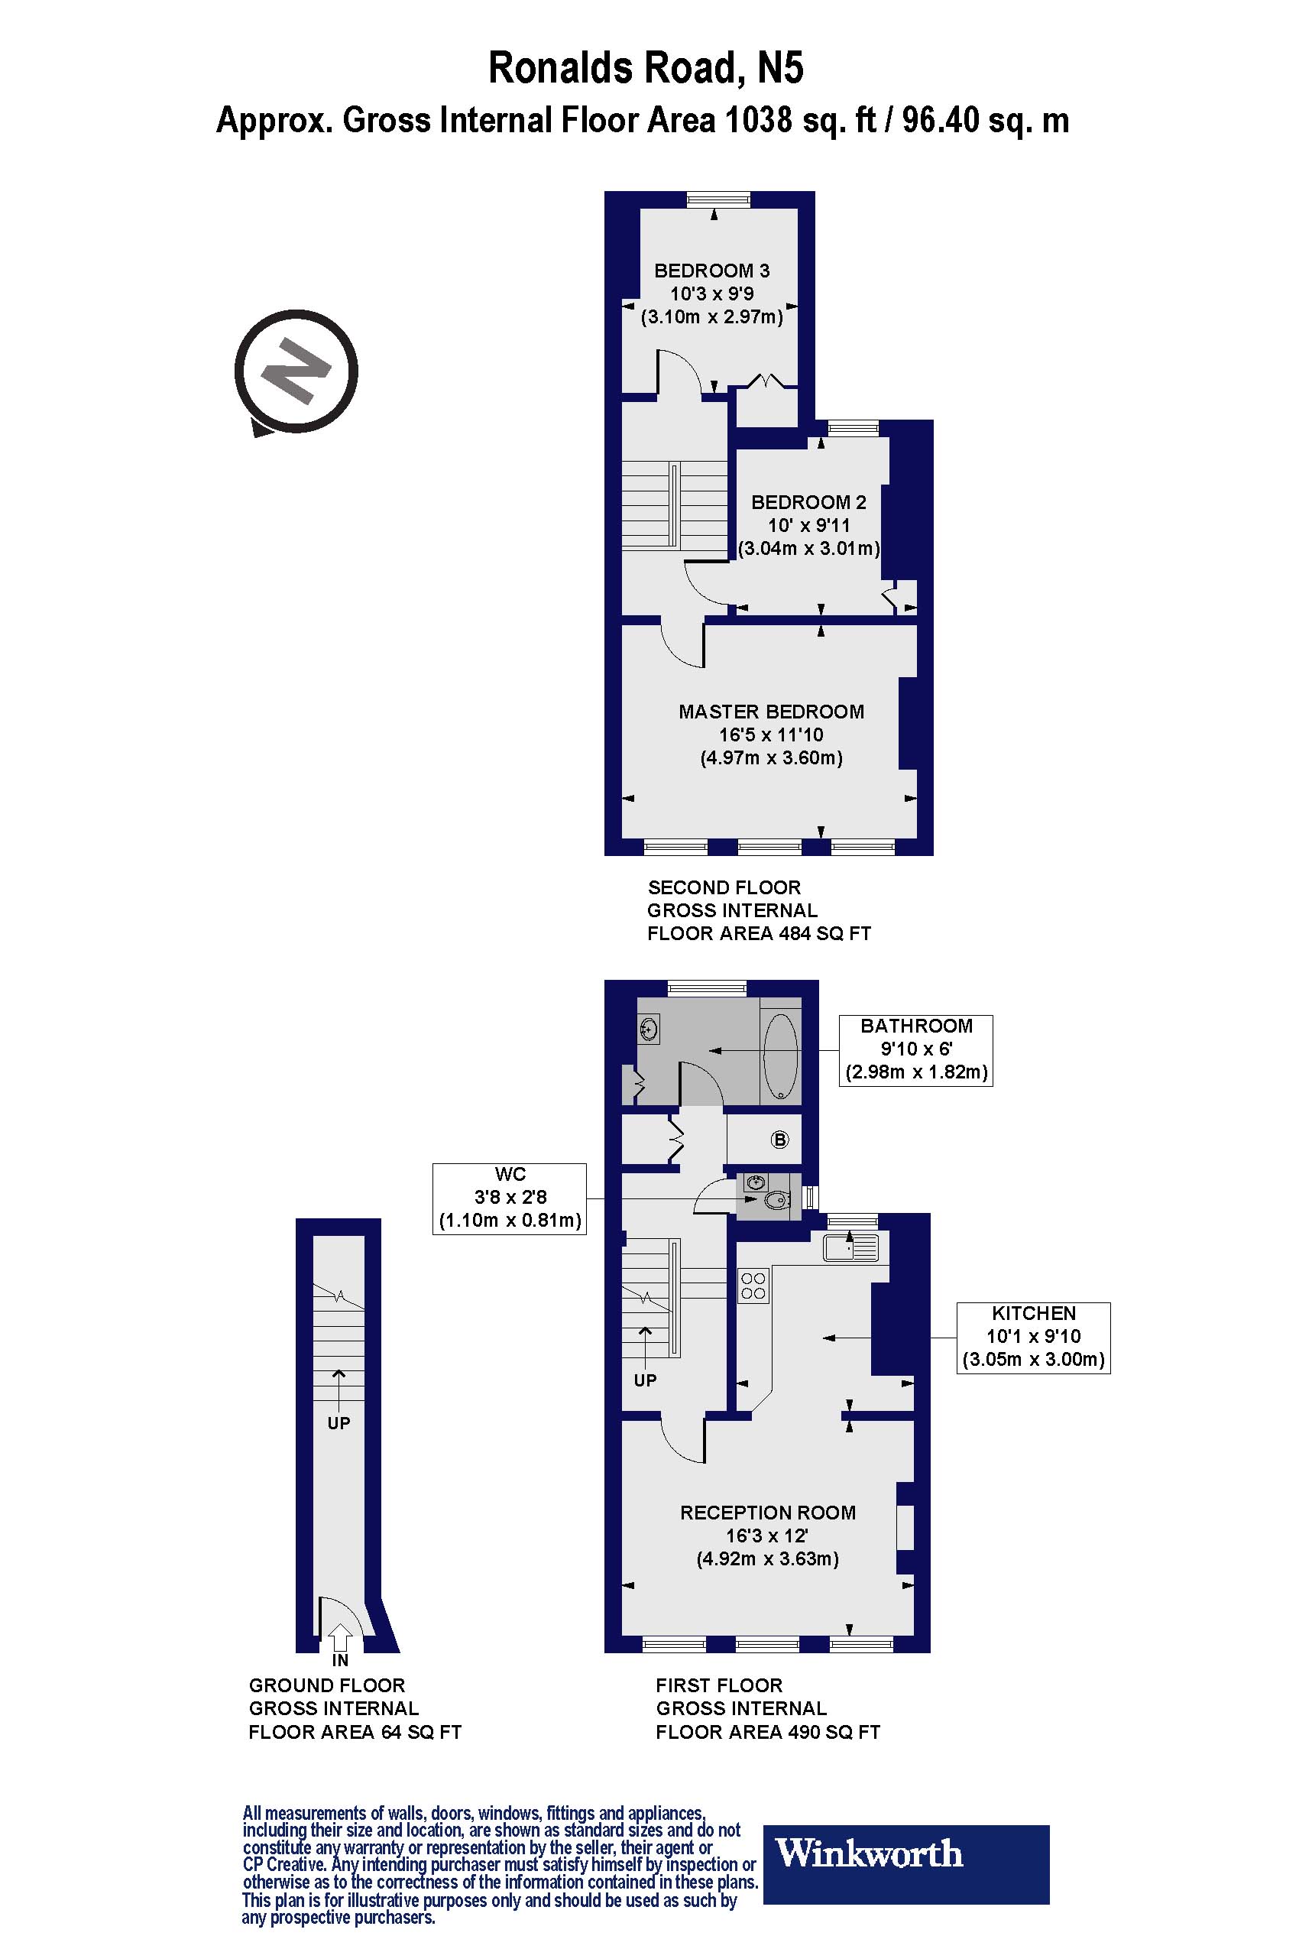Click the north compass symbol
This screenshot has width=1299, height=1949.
[x=296, y=371]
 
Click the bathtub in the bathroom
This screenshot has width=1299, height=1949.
[x=779, y=1056]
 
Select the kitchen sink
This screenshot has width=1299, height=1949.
[x=850, y=1247]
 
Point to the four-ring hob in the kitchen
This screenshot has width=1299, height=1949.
[x=753, y=1286]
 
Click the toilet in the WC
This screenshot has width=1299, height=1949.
[x=776, y=1200]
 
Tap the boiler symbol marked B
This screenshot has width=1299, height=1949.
[x=779, y=1140]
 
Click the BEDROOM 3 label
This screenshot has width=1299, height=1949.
[x=711, y=270]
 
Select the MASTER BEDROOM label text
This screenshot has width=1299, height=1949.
[x=771, y=712]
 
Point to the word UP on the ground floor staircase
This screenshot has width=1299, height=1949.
[x=339, y=1423]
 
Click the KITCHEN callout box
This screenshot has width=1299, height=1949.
[x=1033, y=1337]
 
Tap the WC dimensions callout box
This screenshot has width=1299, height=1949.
[x=510, y=1198]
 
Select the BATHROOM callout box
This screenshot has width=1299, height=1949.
[x=915, y=1049]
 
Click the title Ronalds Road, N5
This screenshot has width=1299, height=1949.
[x=646, y=68]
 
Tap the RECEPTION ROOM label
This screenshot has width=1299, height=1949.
[x=767, y=1513]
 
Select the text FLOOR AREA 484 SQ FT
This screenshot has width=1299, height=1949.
[x=759, y=934]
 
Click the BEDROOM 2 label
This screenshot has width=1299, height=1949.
[x=808, y=502]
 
